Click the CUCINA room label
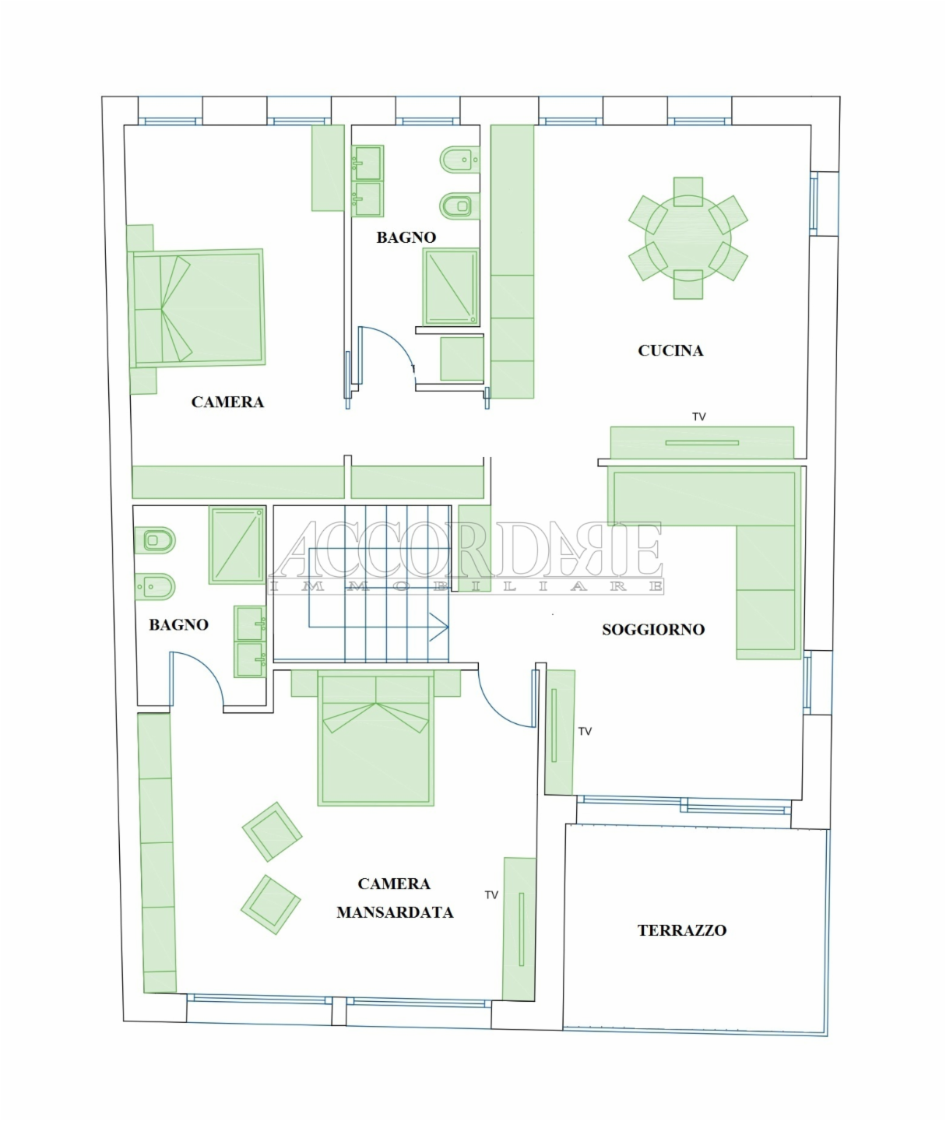point(670,350)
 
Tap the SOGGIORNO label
point(653,630)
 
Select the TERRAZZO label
point(682,930)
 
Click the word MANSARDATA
point(395,912)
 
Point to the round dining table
point(688,238)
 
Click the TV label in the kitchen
point(698,416)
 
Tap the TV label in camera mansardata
point(491,895)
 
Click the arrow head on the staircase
point(439,627)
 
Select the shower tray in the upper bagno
point(451,286)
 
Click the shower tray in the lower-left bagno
point(237,545)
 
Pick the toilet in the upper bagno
point(459,205)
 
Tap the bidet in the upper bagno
point(459,160)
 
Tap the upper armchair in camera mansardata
point(273,831)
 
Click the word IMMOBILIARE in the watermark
point(466,587)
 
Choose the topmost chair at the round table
point(688,192)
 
